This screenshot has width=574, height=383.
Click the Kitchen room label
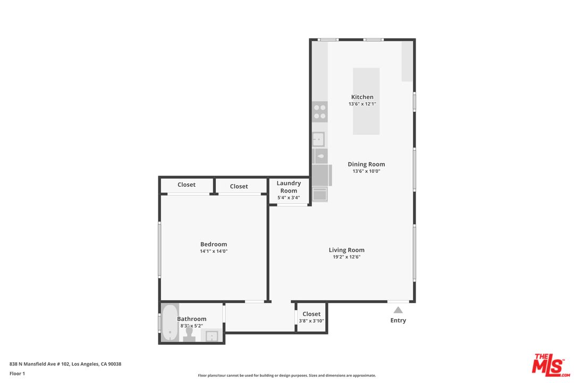362,97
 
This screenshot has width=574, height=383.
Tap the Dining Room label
366,164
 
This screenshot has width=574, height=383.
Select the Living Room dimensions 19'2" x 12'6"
347,257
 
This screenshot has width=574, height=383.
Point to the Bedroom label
214,244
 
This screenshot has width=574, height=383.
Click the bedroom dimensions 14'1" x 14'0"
214,251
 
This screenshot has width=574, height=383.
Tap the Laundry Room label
289,187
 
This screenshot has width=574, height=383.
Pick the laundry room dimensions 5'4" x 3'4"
289,198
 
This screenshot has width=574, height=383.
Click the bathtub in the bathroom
170,322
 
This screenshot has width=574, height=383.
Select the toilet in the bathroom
189,333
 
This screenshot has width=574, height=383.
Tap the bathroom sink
212,336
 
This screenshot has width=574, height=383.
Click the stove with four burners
320,111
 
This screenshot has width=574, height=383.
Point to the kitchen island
366,101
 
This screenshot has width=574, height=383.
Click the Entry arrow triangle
398,310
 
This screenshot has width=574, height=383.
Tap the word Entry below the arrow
398,320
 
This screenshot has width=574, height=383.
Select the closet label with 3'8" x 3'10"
311,317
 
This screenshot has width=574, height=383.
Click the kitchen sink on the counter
318,139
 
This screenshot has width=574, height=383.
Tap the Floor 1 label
17,373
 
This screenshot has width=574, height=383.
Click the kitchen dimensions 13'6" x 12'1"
362,104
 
